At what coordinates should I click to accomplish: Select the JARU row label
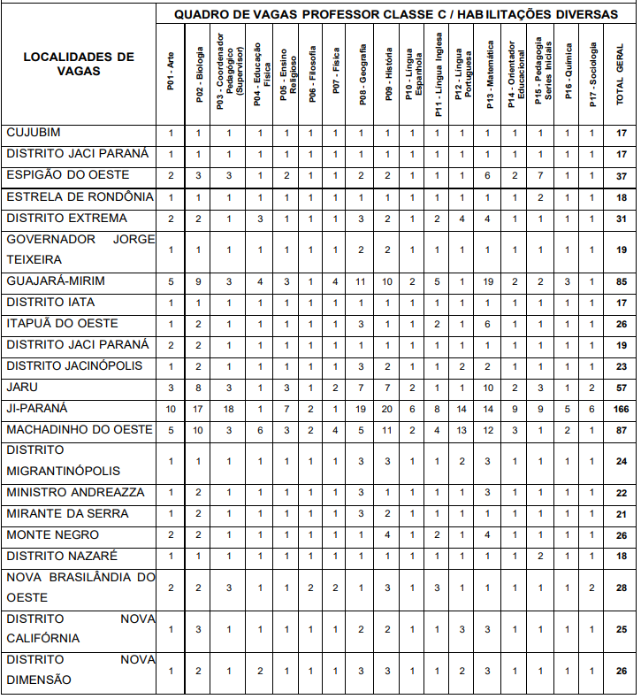[x=23, y=388]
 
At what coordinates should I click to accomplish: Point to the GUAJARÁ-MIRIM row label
[x=56, y=281]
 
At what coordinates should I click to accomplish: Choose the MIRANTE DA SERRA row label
[x=67, y=514]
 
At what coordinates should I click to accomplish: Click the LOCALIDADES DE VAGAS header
[x=79, y=64]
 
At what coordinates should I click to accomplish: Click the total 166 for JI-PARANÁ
[x=620, y=409]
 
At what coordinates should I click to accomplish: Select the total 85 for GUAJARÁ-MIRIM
[x=620, y=281]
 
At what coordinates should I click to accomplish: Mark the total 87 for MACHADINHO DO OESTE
[x=620, y=430]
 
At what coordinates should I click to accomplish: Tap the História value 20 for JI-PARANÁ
[x=388, y=409]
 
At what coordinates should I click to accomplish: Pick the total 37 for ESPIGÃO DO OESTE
[x=620, y=175]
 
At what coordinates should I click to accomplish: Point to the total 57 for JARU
[x=620, y=388]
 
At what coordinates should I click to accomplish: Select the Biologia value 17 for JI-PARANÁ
[x=199, y=409]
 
